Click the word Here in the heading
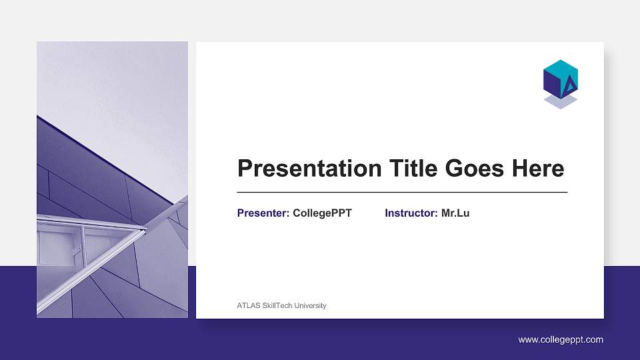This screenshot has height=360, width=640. click(537, 168)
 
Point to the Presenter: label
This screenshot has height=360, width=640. click(263, 213)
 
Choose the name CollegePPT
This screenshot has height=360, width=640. click(322, 213)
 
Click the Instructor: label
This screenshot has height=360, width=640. click(411, 213)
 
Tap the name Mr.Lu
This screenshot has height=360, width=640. click(455, 213)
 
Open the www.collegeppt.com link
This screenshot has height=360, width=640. click(561, 340)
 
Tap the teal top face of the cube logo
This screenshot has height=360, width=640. click(560, 68)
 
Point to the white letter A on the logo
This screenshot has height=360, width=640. click(570, 85)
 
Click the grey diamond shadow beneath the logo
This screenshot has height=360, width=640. click(560, 101)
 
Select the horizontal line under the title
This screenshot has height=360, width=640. click(402, 192)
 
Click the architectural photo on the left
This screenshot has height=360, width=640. click(112, 180)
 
